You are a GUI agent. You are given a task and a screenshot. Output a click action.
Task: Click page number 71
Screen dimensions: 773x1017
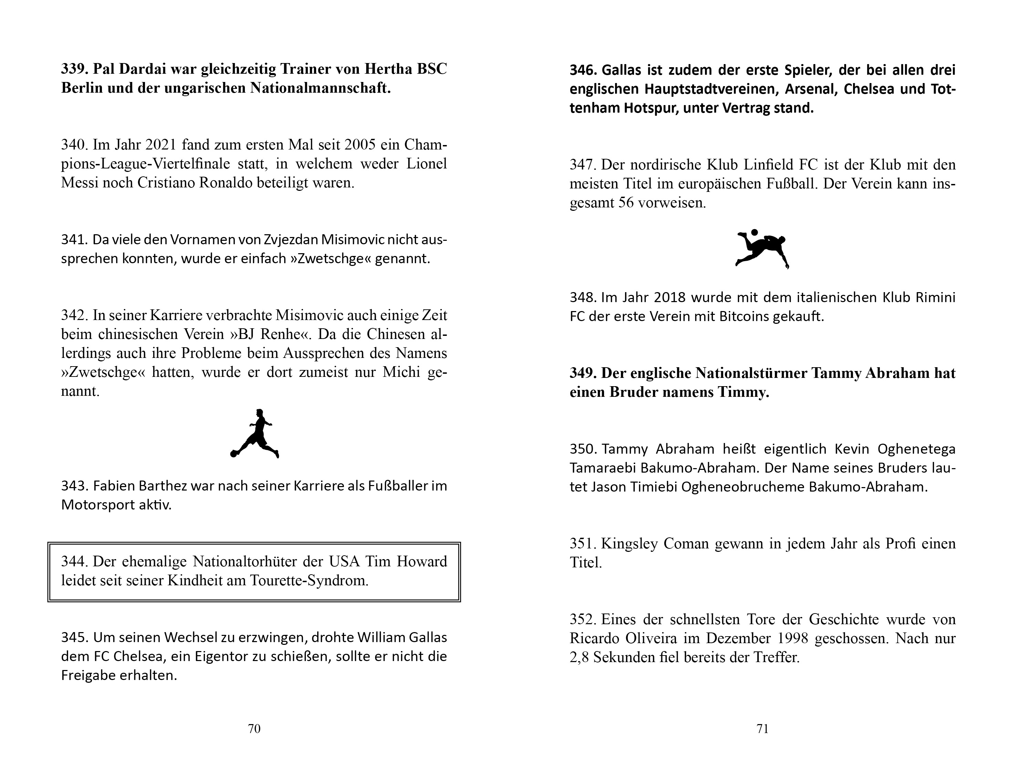[x=762, y=728]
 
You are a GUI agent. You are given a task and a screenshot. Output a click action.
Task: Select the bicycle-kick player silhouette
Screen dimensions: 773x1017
[x=762, y=248]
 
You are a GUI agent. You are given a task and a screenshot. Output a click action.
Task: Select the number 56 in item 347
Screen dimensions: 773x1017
[x=626, y=203]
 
